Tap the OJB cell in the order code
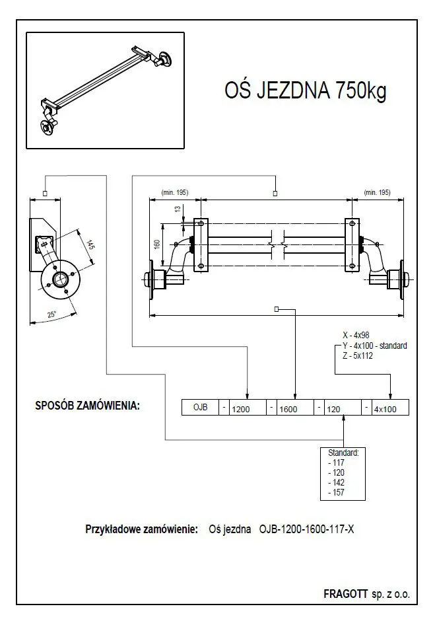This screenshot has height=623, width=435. point(200,408)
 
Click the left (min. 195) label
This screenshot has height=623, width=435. point(174,193)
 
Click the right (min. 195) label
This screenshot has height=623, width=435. point(376,193)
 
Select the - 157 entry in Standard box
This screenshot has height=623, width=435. point(336,492)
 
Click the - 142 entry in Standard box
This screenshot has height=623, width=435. point(336,482)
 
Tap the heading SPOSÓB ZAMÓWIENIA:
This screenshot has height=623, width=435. point(87,406)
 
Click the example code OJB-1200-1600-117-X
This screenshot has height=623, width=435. point(307,529)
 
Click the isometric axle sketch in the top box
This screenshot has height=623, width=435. point(104,91)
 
